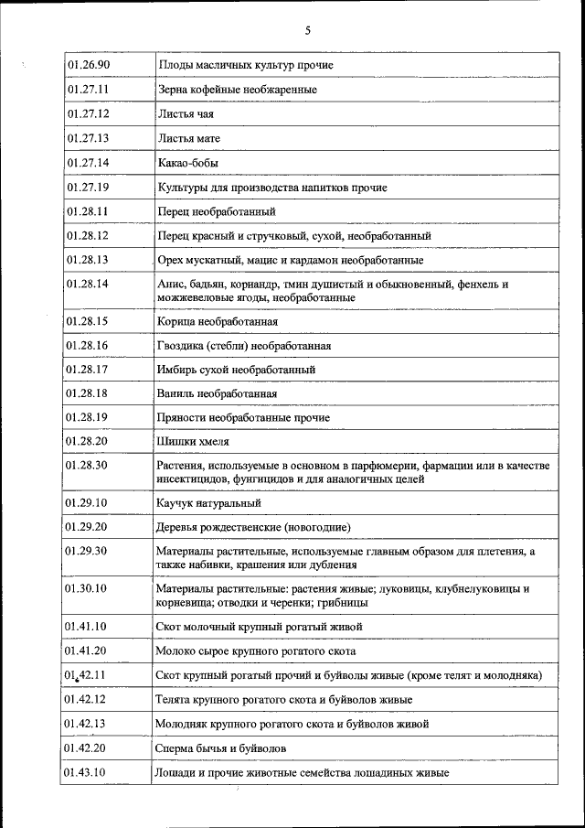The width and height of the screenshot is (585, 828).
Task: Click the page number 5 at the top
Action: pyautogui.click(x=307, y=30)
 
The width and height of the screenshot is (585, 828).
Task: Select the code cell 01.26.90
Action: pyautogui.click(x=88, y=66)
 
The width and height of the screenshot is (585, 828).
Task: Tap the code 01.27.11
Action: pyautogui.click(x=88, y=91)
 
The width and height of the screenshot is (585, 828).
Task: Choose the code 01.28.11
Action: pyautogui.click(x=88, y=211)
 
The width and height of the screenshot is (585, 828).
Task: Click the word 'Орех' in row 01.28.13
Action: pyautogui.click(x=170, y=260)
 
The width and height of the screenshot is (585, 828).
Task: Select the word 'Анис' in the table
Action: pyautogui.click(x=170, y=284)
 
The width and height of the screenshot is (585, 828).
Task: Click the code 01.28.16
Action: pyautogui.click(x=88, y=346)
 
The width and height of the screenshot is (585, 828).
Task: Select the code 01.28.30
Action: pyautogui.click(x=88, y=466)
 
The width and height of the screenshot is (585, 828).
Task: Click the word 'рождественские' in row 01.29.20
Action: pyautogui.click(x=239, y=528)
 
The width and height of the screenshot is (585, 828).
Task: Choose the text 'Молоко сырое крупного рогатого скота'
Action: pyautogui.click(x=256, y=651)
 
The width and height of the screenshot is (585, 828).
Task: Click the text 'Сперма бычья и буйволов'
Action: pyautogui.click(x=222, y=748)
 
